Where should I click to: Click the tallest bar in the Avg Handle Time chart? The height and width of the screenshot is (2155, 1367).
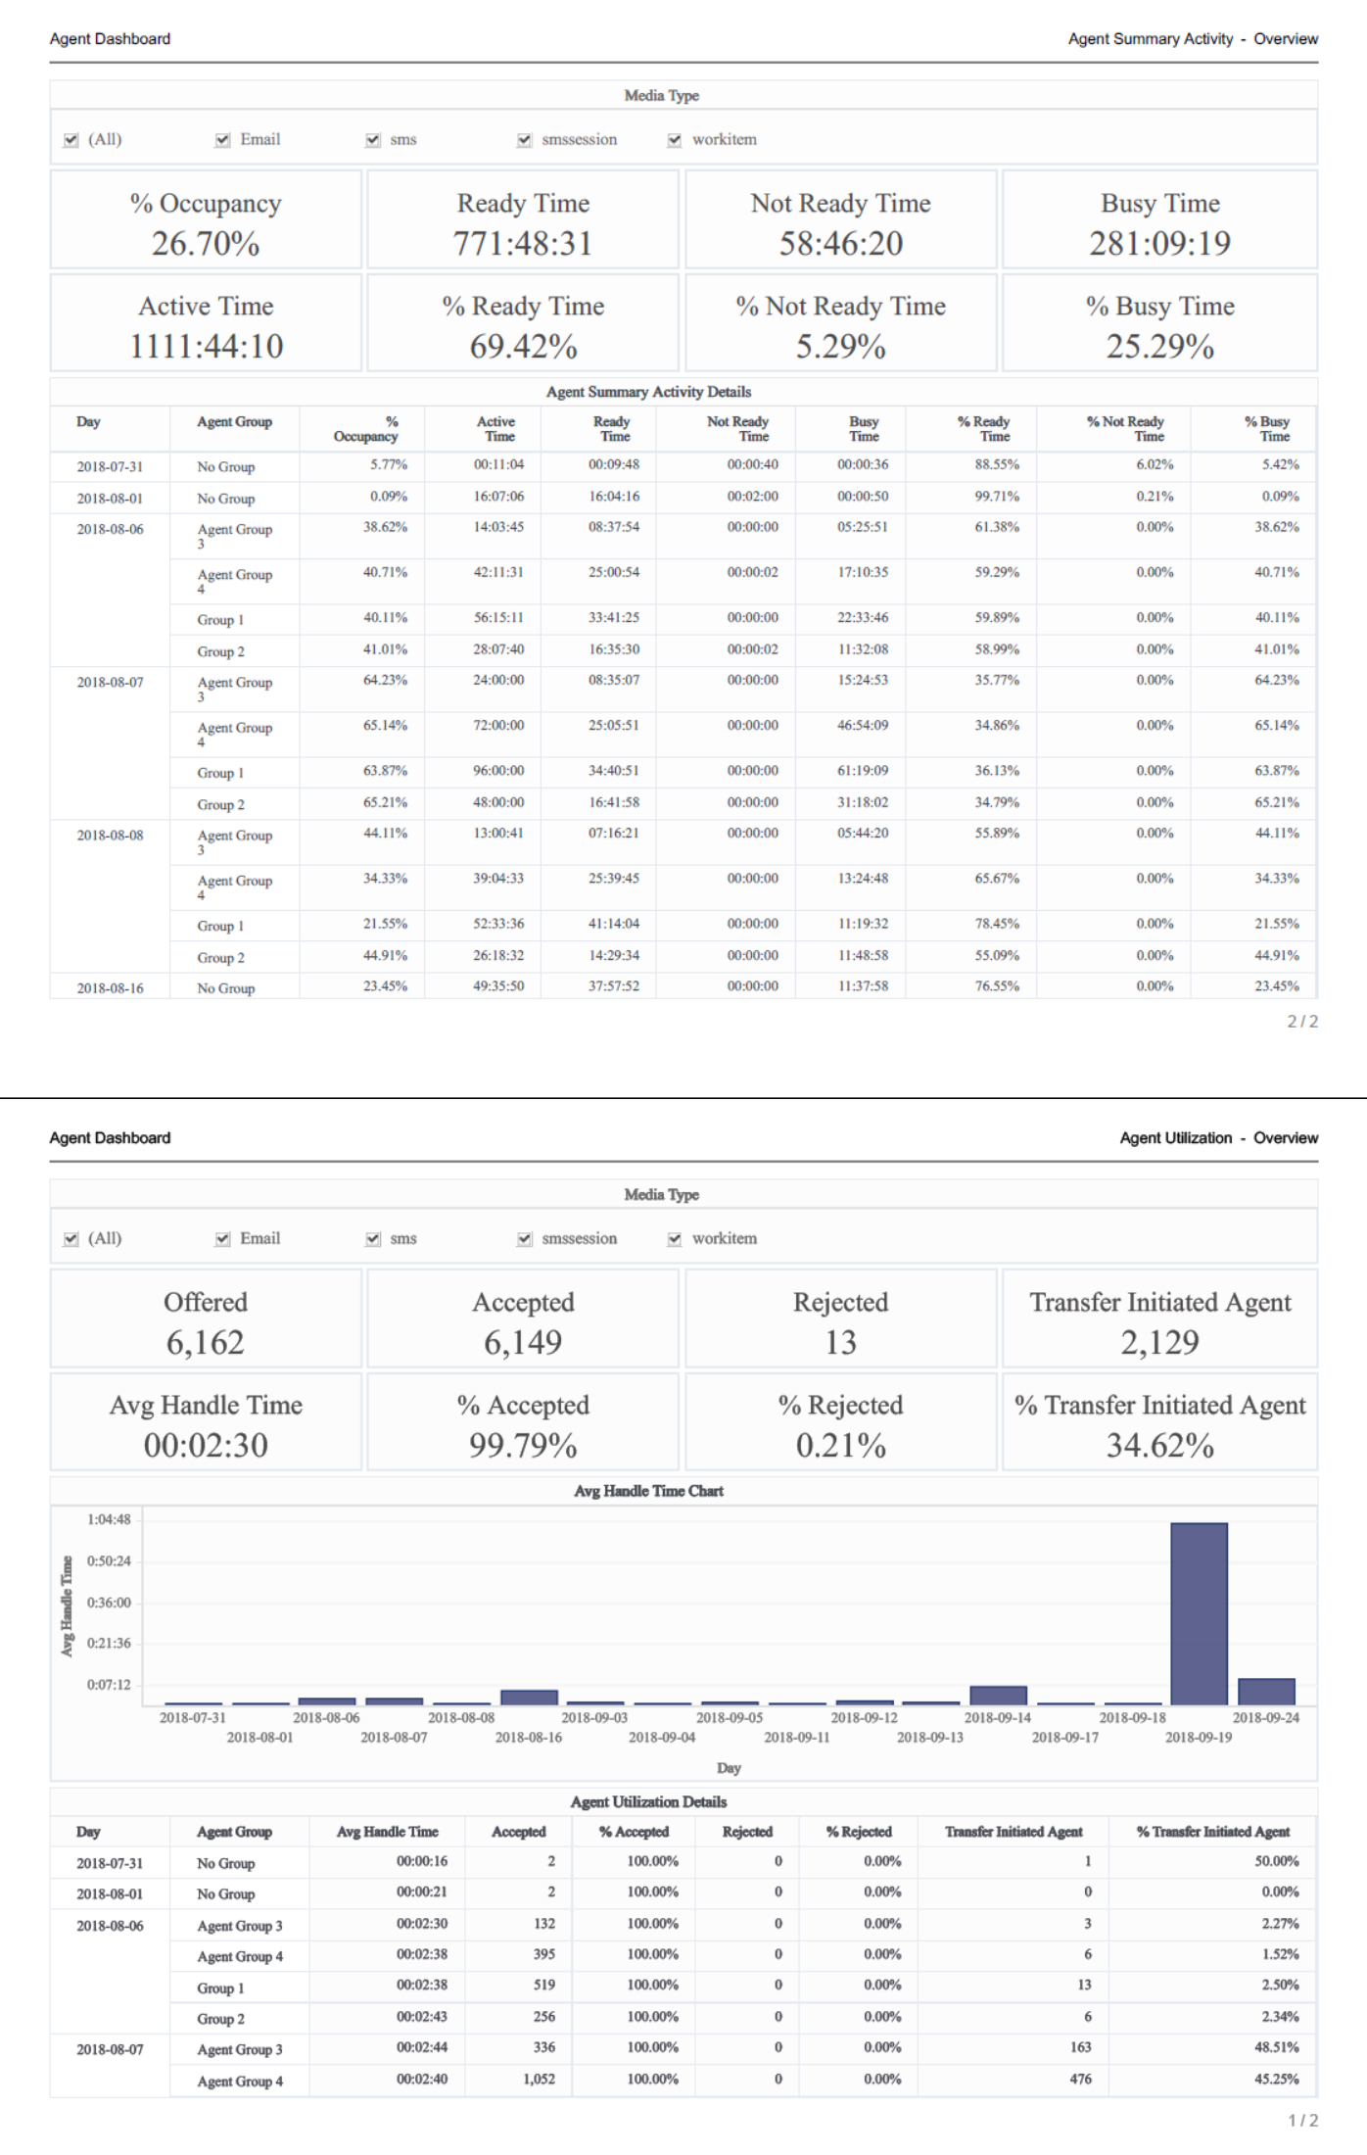pyautogui.click(x=1199, y=1613)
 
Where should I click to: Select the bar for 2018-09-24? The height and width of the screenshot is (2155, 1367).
pyautogui.click(x=1266, y=1692)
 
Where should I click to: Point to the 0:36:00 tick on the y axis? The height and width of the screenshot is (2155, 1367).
pyautogui.click(x=109, y=1603)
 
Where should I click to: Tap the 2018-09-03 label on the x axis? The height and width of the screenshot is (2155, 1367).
pyautogui.click(x=594, y=1718)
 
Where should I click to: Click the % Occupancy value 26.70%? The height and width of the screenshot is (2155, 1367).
pyautogui.click(x=206, y=244)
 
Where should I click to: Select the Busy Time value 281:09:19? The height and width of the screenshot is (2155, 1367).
pyautogui.click(x=1159, y=244)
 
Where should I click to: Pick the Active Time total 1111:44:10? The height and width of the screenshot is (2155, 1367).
pyautogui.click(x=206, y=347)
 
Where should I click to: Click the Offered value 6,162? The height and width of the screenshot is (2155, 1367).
pyautogui.click(x=206, y=1343)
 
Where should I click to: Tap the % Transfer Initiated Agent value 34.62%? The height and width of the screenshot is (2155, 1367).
pyautogui.click(x=1159, y=1446)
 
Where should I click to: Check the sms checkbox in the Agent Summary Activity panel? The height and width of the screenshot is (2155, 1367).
pyautogui.click(x=373, y=140)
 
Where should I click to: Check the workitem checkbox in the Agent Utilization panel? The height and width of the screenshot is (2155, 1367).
pyautogui.click(x=675, y=1239)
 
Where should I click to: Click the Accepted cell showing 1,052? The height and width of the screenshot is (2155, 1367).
pyautogui.click(x=539, y=2079)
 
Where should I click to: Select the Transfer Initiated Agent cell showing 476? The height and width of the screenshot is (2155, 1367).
pyautogui.click(x=1080, y=2079)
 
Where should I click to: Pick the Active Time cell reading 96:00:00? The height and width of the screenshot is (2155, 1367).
pyautogui.click(x=498, y=771)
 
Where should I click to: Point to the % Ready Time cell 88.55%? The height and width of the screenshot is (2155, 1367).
pyautogui.click(x=997, y=464)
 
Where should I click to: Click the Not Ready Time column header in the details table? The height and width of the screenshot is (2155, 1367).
pyautogui.click(x=738, y=429)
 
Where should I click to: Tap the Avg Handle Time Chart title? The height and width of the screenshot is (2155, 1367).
pyautogui.click(x=648, y=1491)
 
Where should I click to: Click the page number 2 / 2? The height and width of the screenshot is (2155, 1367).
pyautogui.click(x=1301, y=1022)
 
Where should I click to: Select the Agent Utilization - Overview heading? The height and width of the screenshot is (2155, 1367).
pyautogui.click(x=1218, y=1138)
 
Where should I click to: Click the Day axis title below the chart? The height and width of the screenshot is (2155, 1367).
pyautogui.click(x=729, y=1768)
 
